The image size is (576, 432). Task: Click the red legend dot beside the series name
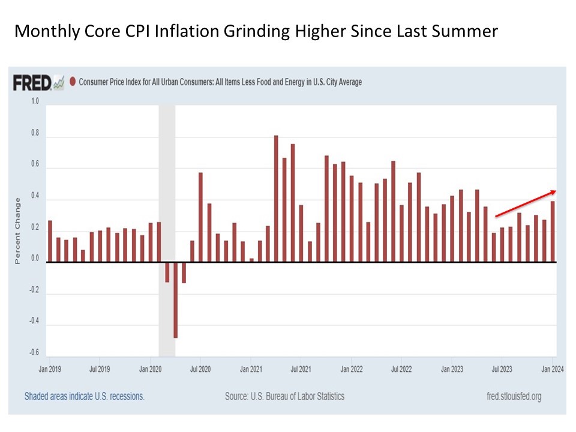73,82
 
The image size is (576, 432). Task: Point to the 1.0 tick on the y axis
34,101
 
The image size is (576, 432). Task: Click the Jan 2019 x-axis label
50,368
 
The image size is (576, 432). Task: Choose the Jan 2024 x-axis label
553,368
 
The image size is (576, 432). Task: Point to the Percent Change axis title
18,230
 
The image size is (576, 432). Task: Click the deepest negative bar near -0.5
176,300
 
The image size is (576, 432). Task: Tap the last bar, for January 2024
553,232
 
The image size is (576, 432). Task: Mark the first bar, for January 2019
50,241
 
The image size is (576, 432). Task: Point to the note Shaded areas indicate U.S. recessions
85,397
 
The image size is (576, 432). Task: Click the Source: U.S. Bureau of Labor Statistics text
284,397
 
